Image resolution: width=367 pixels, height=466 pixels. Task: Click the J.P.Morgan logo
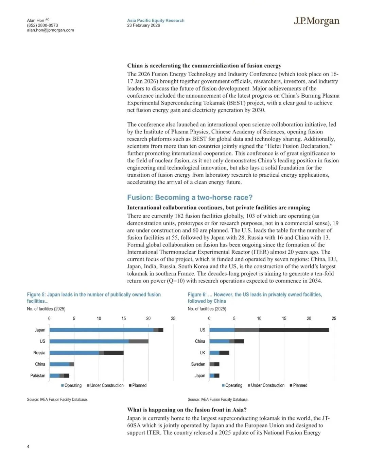pos(316,21)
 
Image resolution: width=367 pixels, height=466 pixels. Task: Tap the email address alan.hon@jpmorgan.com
pos(50,30)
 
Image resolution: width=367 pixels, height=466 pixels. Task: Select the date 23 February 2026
pos(143,26)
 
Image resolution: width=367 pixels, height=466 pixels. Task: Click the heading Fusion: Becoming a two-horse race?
pos(190,197)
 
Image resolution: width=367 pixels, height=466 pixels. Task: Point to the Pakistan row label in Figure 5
pos(38,375)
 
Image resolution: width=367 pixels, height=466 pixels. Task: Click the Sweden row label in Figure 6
pos(198,364)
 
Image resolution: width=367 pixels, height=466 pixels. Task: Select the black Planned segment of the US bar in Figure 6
pos(294,330)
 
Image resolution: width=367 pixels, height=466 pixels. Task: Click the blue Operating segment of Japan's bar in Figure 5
pos(101,330)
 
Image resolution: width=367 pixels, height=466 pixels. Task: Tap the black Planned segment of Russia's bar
pos(113,353)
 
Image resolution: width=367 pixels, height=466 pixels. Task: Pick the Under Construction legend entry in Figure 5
pos(105,385)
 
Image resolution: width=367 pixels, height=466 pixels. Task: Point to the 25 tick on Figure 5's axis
pos(173,319)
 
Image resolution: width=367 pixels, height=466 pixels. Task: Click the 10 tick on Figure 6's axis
pos(259,319)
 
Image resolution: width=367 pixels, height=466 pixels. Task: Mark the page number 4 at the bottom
pos(28,446)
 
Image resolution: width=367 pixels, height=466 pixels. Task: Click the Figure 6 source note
pos(218,399)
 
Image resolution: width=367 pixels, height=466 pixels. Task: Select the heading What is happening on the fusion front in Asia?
pos(187,410)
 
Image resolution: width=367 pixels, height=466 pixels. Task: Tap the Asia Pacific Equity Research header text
pos(156,20)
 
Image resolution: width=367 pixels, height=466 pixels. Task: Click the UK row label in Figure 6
pos(203,353)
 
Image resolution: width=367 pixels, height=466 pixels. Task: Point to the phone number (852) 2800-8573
pos(42,26)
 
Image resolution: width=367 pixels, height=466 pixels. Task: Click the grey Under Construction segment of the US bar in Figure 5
pos(138,341)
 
